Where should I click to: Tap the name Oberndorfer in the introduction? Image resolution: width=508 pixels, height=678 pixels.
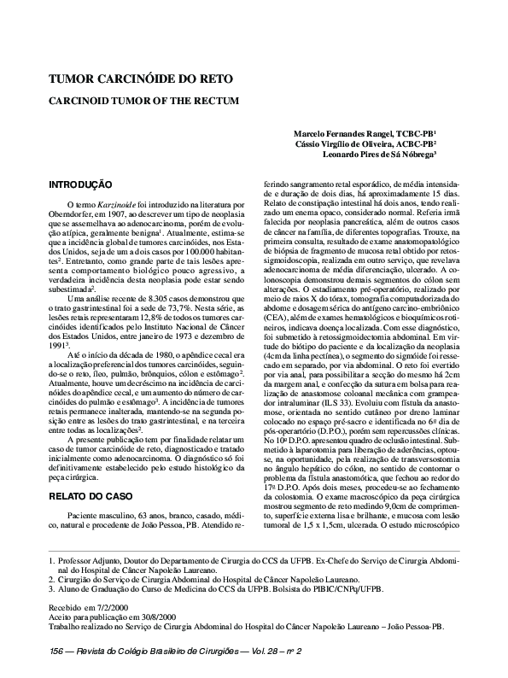tap(76, 216)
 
